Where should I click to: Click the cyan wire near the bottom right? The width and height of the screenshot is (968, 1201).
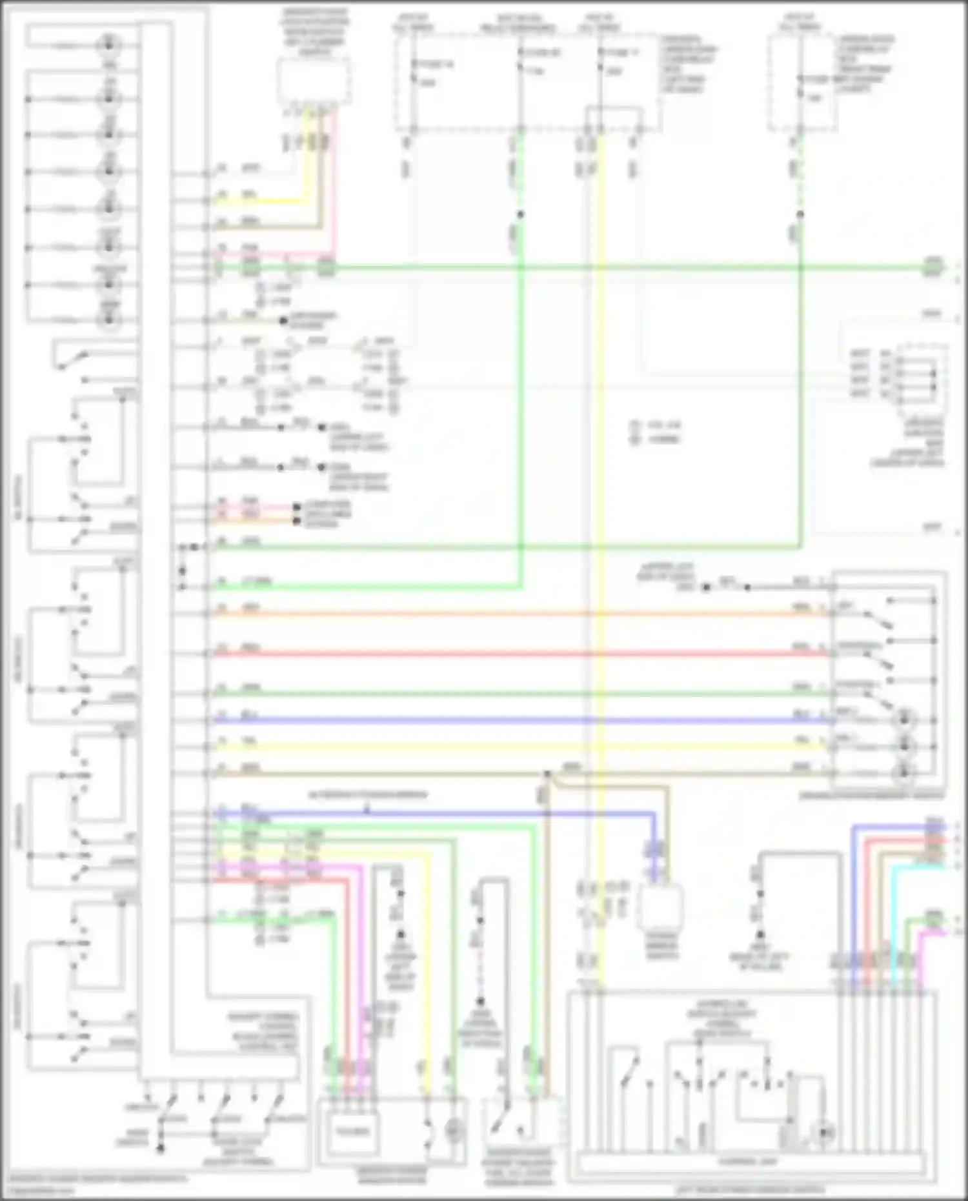pos(894,916)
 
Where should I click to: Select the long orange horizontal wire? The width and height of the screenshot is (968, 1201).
pos(516,613)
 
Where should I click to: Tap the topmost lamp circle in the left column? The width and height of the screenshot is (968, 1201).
pos(109,45)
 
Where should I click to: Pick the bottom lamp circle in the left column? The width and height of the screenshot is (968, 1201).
pos(109,319)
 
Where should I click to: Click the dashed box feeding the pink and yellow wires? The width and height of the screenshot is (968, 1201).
pos(314,81)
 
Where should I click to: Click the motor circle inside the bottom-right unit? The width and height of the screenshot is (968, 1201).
pos(824,1132)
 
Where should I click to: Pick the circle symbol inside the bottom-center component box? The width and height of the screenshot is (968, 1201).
pos(453,1130)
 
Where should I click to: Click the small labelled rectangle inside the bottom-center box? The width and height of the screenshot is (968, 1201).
pos(352,1131)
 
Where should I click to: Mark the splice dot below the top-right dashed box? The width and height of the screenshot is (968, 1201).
pos(800,214)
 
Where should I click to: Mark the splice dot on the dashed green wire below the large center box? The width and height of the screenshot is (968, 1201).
pos(520,214)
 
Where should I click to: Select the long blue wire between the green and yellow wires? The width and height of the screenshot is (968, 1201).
pos(516,720)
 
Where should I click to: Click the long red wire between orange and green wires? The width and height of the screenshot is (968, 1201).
pos(516,654)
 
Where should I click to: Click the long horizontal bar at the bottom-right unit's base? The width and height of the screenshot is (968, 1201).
pos(749,1162)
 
